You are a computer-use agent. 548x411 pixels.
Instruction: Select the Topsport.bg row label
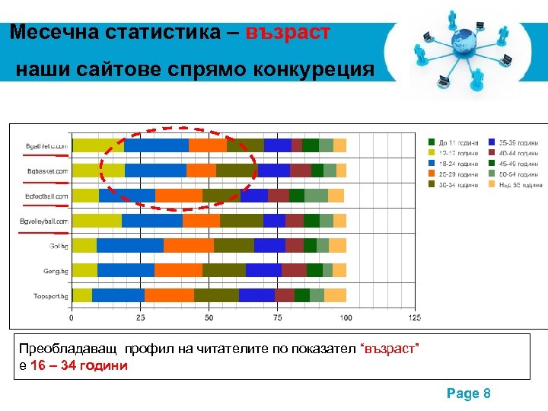tap(49, 295)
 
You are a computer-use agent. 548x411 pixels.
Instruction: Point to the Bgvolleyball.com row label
tap(44, 221)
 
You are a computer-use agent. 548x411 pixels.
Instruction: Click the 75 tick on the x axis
tap(277, 317)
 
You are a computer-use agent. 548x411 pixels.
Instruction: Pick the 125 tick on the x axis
tap(414, 317)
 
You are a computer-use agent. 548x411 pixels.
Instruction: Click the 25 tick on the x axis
tap(140, 317)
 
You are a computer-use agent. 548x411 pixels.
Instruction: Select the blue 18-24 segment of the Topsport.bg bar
tap(118, 295)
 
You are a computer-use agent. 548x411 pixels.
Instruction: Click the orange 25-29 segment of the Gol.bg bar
tap(189, 245)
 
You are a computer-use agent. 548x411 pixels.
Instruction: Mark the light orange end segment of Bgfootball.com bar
tap(336, 196)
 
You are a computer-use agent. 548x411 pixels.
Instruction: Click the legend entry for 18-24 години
tap(457, 164)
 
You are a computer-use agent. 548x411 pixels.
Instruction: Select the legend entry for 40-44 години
tap(521, 153)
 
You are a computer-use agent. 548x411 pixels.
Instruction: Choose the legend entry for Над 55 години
tap(521, 185)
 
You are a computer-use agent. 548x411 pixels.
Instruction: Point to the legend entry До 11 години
tap(457, 142)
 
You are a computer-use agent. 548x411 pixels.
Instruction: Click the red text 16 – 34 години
tap(79, 365)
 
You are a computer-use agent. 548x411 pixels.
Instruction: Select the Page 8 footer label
tap(468, 393)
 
